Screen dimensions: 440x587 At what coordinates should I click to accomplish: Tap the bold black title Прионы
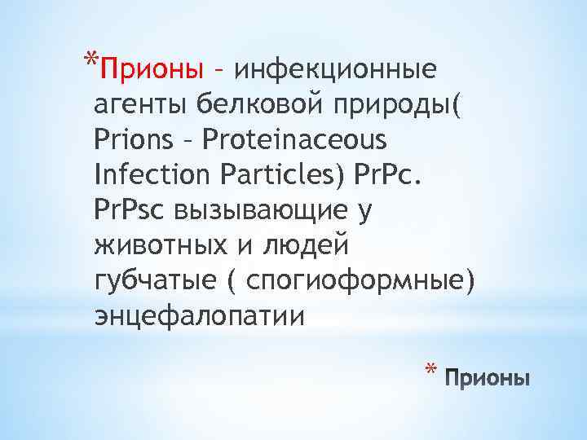pyautogui.click(x=488, y=379)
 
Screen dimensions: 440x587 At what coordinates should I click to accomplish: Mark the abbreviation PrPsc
pyautogui.click(x=130, y=210)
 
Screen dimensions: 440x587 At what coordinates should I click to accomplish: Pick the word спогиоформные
pyautogui.click(x=360, y=281)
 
